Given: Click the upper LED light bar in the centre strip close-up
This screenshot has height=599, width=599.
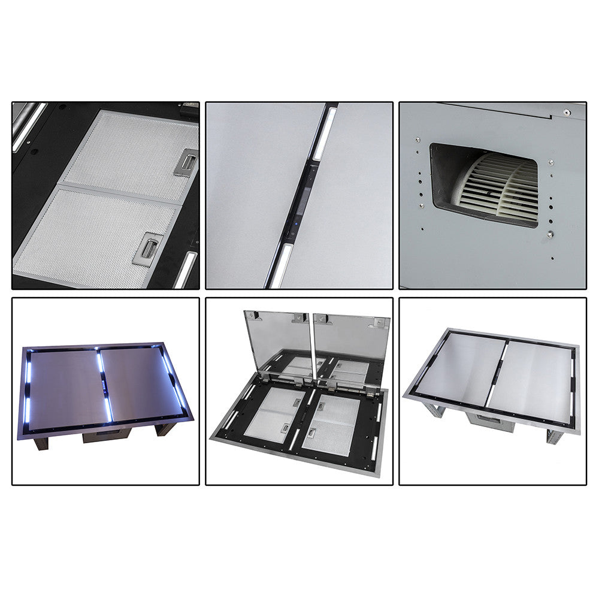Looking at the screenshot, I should (x=324, y=133).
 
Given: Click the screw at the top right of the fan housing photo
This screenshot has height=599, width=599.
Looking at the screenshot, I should (x=565, y=112).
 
